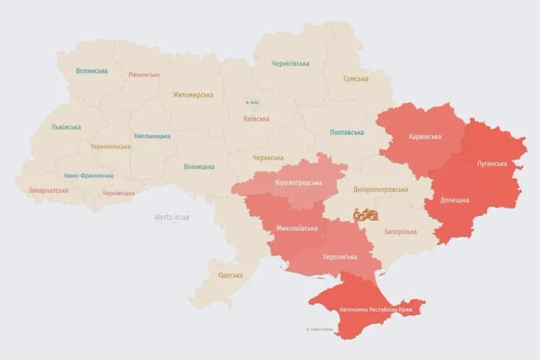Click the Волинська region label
click(91, 71)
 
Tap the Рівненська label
click(143, 75)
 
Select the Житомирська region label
click(193, 95)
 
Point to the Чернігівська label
click(291, 64)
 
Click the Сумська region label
click(355, 79)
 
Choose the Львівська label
click(66, 127)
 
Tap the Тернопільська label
click(110, 147)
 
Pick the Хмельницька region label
click(151, 136)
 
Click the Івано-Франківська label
click(88, 175)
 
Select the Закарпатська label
click(48, 190)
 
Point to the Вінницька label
click(199, 166)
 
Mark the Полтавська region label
click(346, 133)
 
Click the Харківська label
click(425, 137)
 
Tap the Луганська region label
click(491, 163)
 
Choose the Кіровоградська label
click(298, 183)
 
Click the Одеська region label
click(230, 275)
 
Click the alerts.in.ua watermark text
click(172, 217)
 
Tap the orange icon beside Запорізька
click(366, 214)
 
